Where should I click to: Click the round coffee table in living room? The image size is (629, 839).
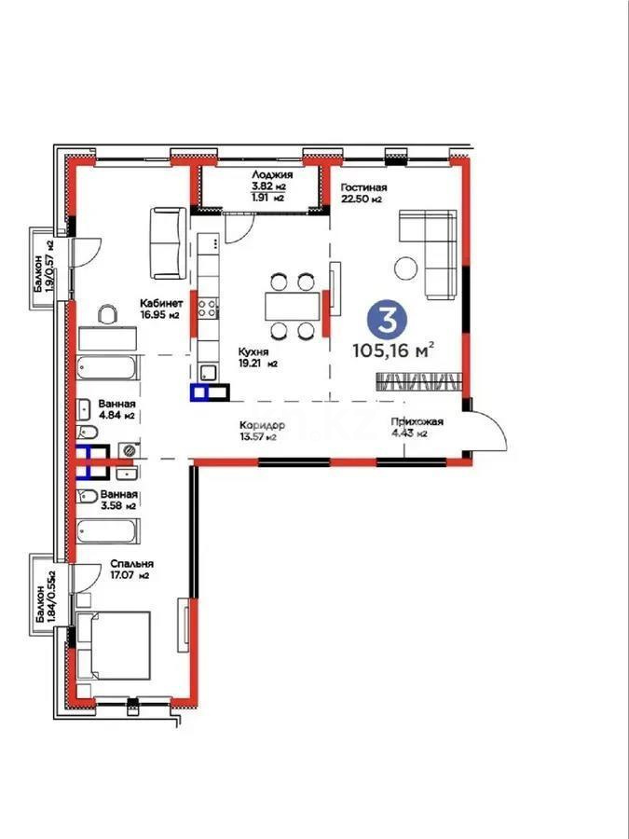(x=406, y=268)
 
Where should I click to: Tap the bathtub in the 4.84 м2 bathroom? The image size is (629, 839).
(x=108, y=372)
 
